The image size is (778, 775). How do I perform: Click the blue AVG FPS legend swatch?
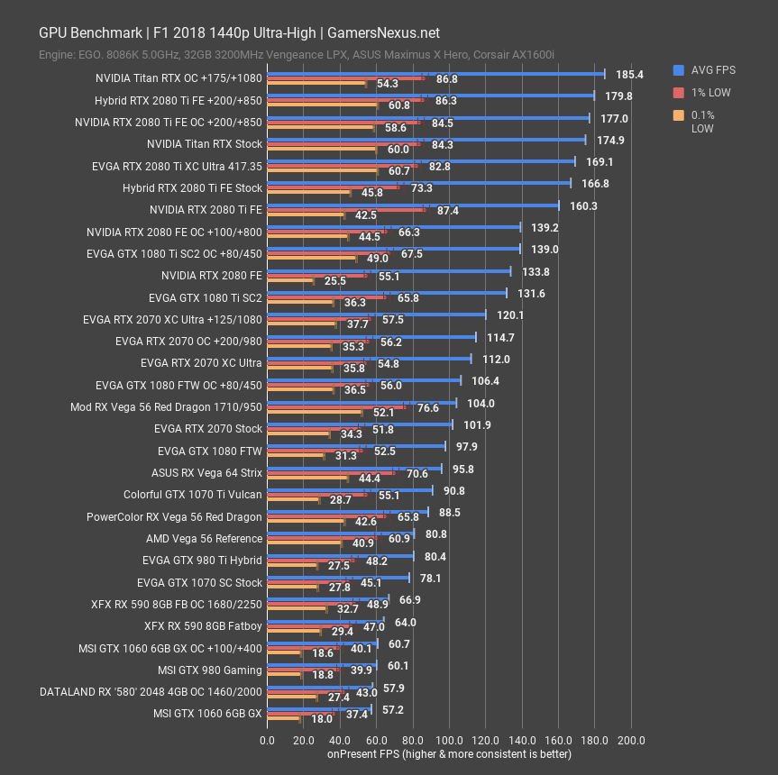tap(678, 70)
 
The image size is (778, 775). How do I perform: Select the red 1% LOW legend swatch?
tap(678, 92)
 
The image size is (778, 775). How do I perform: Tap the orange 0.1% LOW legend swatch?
tap(678, 114)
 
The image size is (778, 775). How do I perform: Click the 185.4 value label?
tap(629, 75)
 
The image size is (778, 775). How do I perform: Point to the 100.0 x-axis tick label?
tap(449, 740)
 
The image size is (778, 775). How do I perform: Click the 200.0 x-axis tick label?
tap(630, 740)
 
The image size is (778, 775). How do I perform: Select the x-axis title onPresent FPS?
tap(449, 753)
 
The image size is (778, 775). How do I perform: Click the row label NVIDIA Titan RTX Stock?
tap(205, 144)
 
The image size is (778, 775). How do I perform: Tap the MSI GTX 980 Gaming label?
tap(210, 670)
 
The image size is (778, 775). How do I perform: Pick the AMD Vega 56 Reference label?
tap(205, 539)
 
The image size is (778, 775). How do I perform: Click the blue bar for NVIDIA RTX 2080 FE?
tap(389, 270)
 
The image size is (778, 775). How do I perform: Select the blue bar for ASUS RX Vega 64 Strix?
tap(354, 468)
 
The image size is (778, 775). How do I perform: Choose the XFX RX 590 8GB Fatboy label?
tap(203, 626)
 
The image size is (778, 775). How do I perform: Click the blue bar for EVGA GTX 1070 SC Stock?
tap(338, 578)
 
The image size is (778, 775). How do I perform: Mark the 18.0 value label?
tap(322, 719)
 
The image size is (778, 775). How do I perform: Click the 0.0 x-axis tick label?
tap(267, 740)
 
